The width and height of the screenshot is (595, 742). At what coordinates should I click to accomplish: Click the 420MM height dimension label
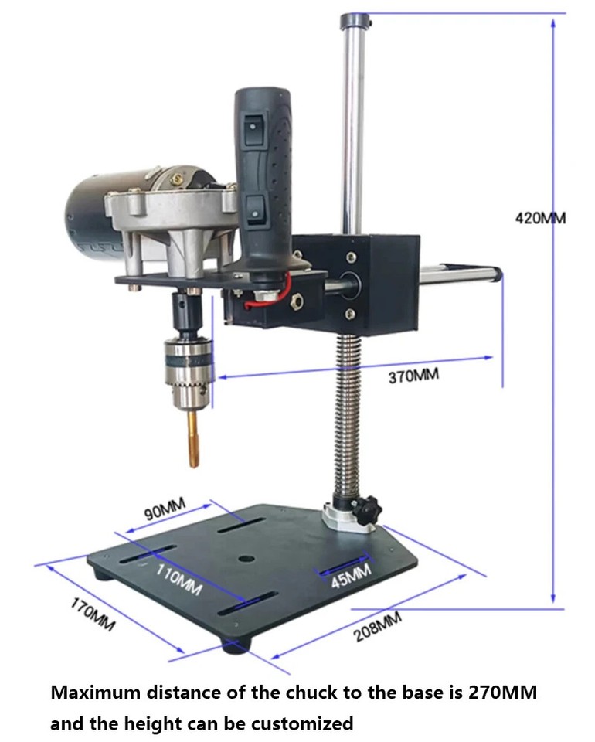(540, 218)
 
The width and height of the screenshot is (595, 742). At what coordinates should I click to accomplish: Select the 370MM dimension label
(413, 376)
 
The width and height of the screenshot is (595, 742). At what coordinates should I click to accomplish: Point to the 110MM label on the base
(178, 580)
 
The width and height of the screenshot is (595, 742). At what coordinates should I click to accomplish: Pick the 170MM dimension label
(93, 615)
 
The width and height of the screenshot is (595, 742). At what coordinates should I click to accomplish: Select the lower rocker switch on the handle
(253, 205)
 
